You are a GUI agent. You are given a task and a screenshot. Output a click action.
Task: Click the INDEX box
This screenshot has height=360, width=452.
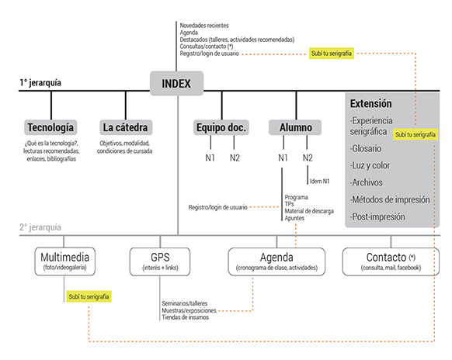pyautogui.click(x=176, y=83)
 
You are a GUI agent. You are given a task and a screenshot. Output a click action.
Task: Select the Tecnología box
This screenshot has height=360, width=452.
pyautogui.click(x=50, y=127)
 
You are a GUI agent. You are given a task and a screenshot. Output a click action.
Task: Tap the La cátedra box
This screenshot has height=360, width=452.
pyautogui.click(x=126, y=127)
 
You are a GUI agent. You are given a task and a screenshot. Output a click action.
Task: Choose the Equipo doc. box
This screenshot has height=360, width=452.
pyautogui.click(x=221, y=127)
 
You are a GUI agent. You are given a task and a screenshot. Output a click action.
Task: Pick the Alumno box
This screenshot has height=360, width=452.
pyautogui.click(x=295, y=127)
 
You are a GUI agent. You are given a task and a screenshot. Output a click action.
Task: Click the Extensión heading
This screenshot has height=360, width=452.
pyautogui.click(x=371, y=103)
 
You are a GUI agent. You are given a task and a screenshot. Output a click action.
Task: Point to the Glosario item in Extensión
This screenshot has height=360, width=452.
pyautogui.click(x=366, y=149)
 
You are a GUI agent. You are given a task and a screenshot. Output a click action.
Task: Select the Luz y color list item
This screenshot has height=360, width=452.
pyautogui.click(x=370, y=165)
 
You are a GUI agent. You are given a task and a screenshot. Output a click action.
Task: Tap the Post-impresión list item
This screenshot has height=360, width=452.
pyautogui.click(x=377, y=216)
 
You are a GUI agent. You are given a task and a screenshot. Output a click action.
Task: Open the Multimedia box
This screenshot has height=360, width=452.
pyautogui.click(x=65, y=261)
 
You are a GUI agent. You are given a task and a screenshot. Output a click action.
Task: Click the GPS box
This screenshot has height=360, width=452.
pyautogui.click(x=160, y=261)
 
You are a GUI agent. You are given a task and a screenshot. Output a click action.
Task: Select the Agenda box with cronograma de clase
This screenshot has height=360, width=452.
pyautogui.click(x=276, y=261)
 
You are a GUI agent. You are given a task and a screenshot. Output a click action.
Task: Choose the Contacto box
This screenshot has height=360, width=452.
pyautogui.click(x=391, y=261)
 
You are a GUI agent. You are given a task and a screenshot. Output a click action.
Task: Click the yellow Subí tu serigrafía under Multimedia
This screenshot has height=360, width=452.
pyautogui.click(x=89, y=296)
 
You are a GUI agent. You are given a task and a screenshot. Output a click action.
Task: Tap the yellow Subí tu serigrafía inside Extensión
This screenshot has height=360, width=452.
pyautogui.click(x=415, y=134)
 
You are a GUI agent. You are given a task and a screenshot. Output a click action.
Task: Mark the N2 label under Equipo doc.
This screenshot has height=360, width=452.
pyautogui.click(x=235, y=157)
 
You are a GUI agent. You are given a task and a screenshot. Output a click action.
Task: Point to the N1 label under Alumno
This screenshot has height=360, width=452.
pyautogui.click(x=283, y=157)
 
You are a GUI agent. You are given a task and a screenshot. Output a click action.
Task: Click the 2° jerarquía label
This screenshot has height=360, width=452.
pyautogui.click(x=40, y=227)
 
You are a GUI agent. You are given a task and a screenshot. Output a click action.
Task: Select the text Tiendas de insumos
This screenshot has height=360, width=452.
pyautogui.click(x=186, y=317)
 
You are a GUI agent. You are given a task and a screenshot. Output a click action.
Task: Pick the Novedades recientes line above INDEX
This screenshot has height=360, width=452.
pyautogui.click(x=204, y=26)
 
